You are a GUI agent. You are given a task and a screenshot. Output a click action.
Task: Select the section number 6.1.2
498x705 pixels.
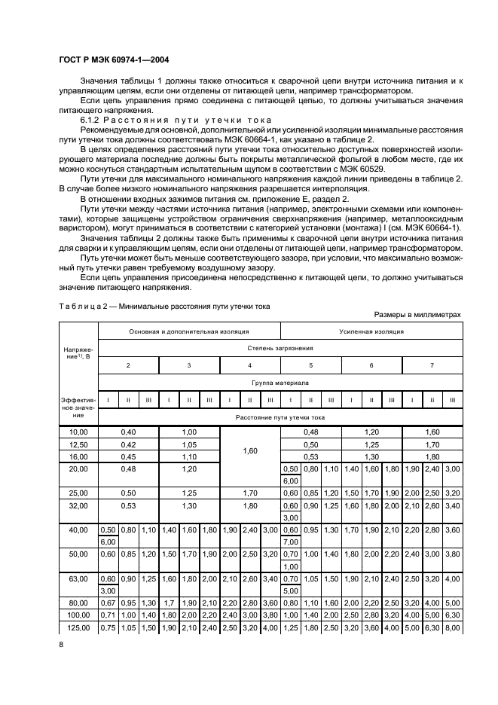90,121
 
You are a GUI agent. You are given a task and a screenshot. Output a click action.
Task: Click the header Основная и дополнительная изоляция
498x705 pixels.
188,331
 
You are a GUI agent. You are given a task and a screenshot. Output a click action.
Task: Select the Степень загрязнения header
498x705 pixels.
279,348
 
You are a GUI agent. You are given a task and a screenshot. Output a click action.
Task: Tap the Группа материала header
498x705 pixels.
279,383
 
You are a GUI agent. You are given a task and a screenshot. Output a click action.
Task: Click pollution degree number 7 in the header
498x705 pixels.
432,365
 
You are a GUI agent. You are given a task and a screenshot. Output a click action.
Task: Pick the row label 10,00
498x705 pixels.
79,432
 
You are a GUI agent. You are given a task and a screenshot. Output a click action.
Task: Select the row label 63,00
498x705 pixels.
79,579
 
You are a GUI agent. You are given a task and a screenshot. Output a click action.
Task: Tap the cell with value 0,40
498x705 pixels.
128,432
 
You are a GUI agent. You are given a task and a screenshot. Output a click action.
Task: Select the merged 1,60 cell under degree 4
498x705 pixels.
250,450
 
